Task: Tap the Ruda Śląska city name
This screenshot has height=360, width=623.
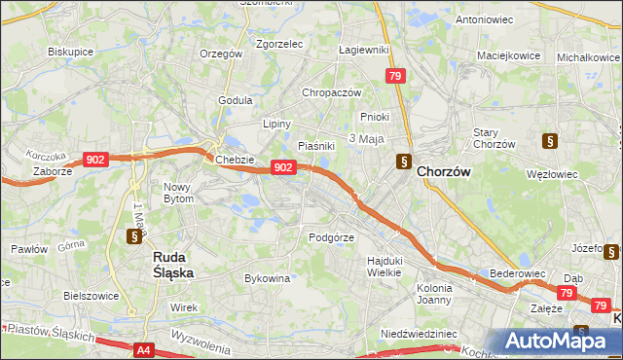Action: (173, 265)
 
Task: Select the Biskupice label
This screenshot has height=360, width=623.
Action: (70, 50)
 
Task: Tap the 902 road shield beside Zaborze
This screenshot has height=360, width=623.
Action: (95, 159)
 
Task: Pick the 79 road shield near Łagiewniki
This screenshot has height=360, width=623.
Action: (394, 76)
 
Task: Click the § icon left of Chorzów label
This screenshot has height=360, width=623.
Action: (403, 162)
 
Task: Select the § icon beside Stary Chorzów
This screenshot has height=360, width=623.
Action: (551, 140)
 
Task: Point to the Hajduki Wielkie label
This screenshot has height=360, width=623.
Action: (385, 266)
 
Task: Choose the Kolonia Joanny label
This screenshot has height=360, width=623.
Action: (434, 294)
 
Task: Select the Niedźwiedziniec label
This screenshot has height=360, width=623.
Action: (419, 333)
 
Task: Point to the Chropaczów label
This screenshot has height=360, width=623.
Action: (332, 92)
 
